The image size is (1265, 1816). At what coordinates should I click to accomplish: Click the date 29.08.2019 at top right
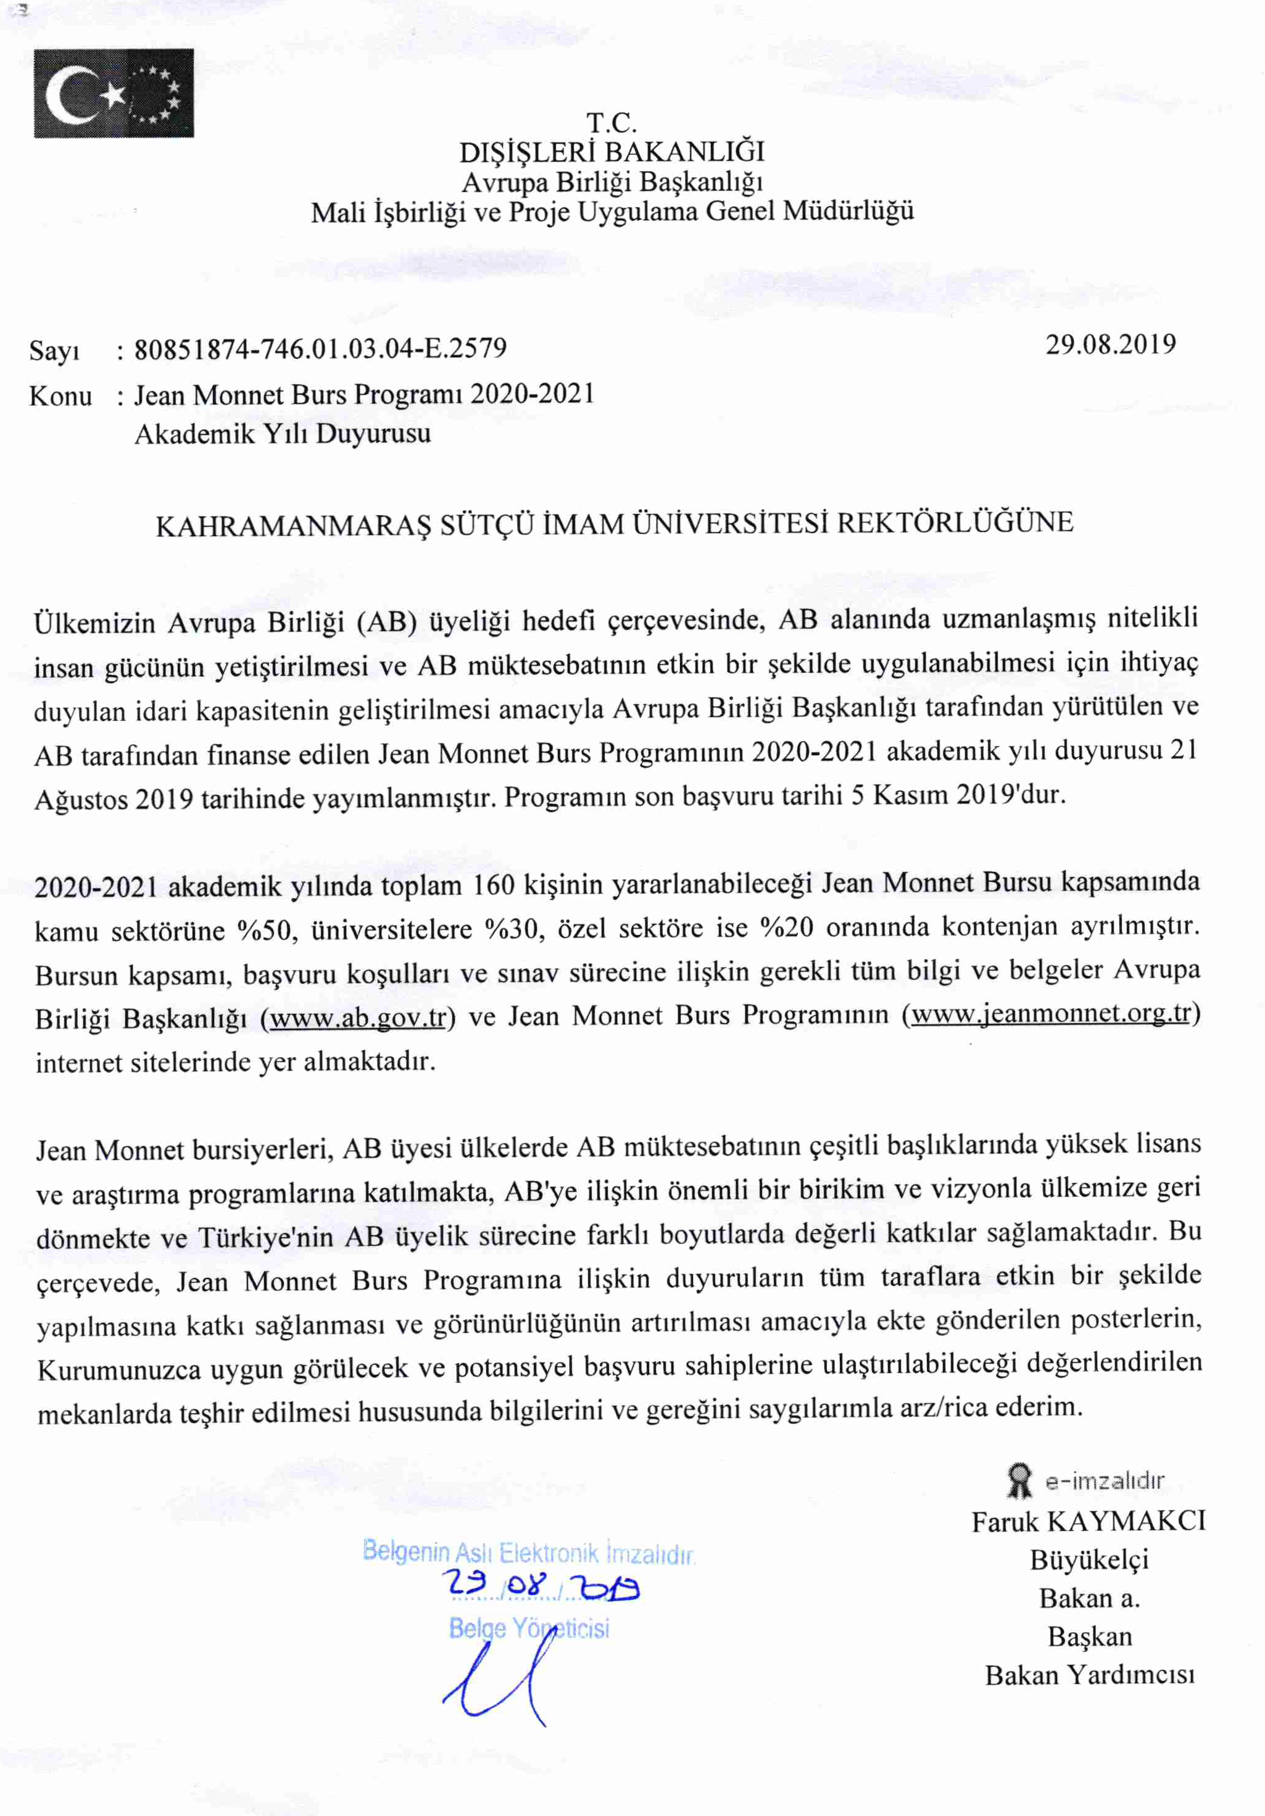[x=1110, y=344]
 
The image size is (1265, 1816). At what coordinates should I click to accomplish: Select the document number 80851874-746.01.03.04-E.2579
[x=320, y=349]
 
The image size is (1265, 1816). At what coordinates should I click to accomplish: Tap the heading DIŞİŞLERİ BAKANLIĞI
[x=612, y=152]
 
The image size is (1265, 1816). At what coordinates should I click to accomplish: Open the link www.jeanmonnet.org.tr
[x=1051, y=1013]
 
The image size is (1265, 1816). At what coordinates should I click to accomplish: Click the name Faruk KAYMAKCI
[x=1088, y=1521]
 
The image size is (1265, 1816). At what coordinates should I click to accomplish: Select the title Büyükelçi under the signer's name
[x=1089, y=1560]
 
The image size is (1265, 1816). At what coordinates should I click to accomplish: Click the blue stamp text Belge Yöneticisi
[x=528, y=1628]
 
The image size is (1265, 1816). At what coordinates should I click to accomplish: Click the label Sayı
[x=54, y=350]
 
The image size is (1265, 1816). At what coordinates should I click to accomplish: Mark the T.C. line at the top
[x=611, y=123]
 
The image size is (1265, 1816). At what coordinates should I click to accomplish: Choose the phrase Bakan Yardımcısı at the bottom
[x=1089, y=1675]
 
